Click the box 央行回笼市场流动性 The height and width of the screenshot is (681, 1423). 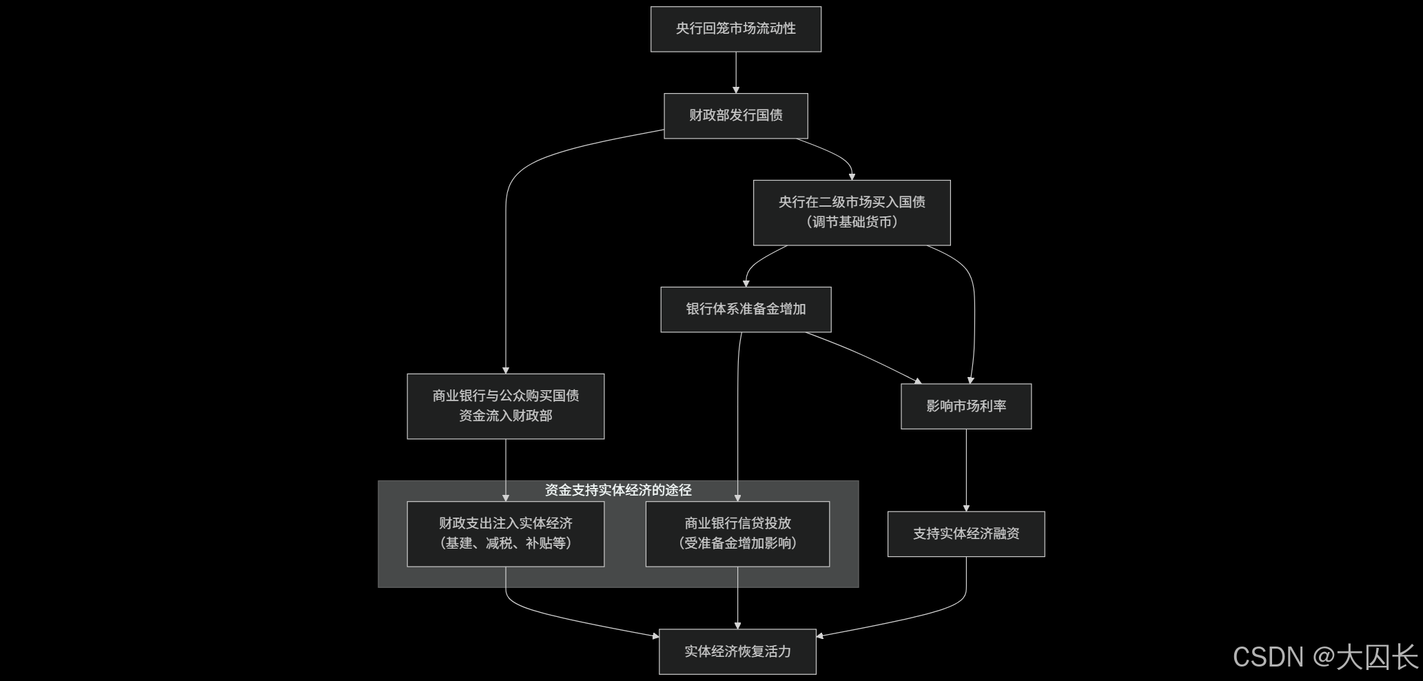735,29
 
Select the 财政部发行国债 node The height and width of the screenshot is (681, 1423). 735,116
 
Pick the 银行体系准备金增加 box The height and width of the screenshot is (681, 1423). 746,309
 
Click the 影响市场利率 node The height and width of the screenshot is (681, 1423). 965,406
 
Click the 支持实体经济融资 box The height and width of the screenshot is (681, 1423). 965,533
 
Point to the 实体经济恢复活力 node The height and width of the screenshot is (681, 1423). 737,651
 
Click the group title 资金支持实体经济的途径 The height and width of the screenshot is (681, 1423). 617,490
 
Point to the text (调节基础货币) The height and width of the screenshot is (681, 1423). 851,222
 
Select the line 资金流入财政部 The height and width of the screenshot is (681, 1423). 505,416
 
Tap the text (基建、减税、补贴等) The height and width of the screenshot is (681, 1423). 505,543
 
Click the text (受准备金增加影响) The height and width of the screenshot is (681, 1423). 737,543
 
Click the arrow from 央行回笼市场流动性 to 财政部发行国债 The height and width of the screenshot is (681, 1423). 735,72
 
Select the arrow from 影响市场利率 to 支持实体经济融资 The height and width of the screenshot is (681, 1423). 965,470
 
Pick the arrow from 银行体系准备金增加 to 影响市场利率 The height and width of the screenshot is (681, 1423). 865,356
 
